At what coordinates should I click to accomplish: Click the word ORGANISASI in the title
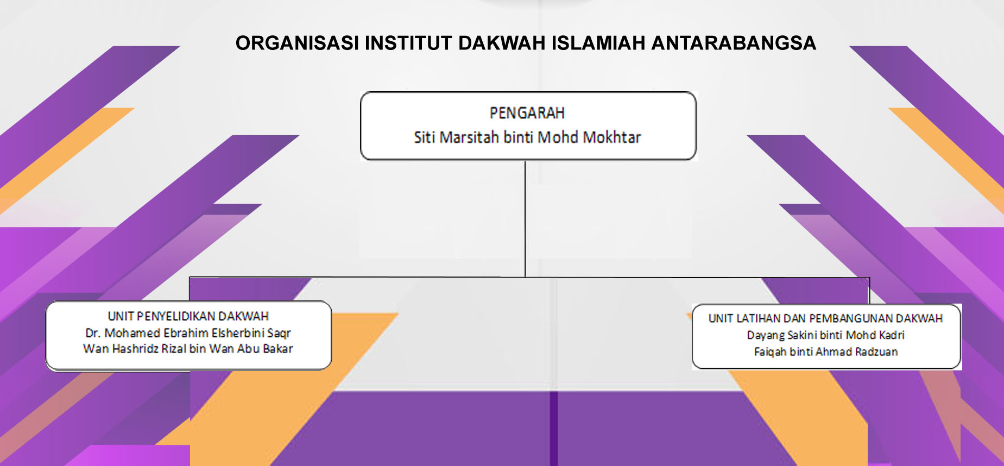point(297,43)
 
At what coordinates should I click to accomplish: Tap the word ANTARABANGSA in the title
point(733,43)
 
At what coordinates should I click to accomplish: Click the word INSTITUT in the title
point(408,43)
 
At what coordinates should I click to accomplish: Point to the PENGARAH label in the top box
point(527,113)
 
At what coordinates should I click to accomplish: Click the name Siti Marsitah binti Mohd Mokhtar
point(527,137)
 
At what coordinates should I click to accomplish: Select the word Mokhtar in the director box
point(612,137)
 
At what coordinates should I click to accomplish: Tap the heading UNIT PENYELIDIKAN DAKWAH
point(188,316)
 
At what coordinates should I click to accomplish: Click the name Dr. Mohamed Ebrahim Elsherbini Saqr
point(188,333)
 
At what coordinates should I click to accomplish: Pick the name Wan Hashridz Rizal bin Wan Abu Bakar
point(188,349)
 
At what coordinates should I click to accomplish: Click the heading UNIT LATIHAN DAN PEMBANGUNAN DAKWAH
point(825,318)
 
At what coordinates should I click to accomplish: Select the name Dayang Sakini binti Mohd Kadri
point(825,335)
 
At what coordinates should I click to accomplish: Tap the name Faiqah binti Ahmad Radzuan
point(825,352)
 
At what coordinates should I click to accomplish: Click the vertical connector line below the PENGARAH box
point(525,219)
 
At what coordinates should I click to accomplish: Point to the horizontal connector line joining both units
point(529,278)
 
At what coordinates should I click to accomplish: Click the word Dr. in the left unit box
point(93,333)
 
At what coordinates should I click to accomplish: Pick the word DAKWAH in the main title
point(502,43)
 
